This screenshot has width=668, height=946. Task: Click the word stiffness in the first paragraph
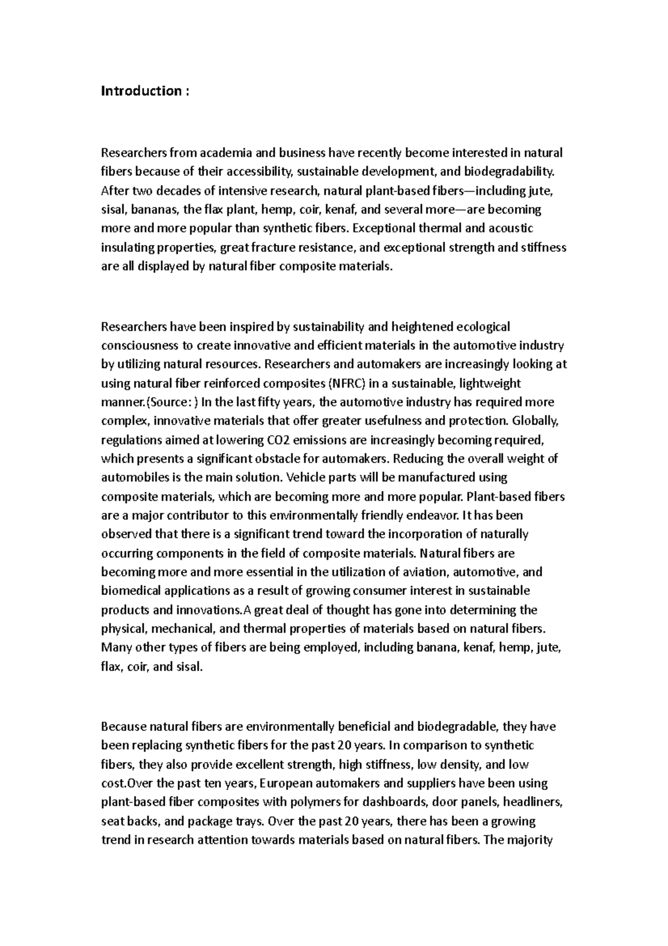click(x=544, y=247)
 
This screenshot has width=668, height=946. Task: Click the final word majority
click(x=529, y=840)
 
